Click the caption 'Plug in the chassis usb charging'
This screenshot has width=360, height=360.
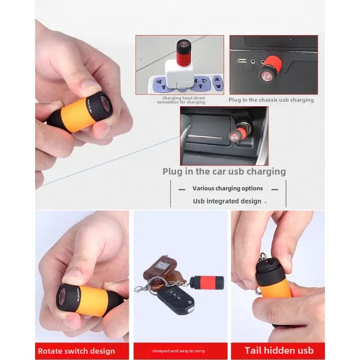tap(271, 100)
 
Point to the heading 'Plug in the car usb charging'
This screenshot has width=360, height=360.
tap(224, 171)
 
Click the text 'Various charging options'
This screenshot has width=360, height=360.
tap(228, 189)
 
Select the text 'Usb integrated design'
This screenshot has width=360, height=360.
tap(227, 201)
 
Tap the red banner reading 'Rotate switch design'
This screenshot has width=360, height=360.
tap(76, 351)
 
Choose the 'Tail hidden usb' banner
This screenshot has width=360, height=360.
tap(279, 351)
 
